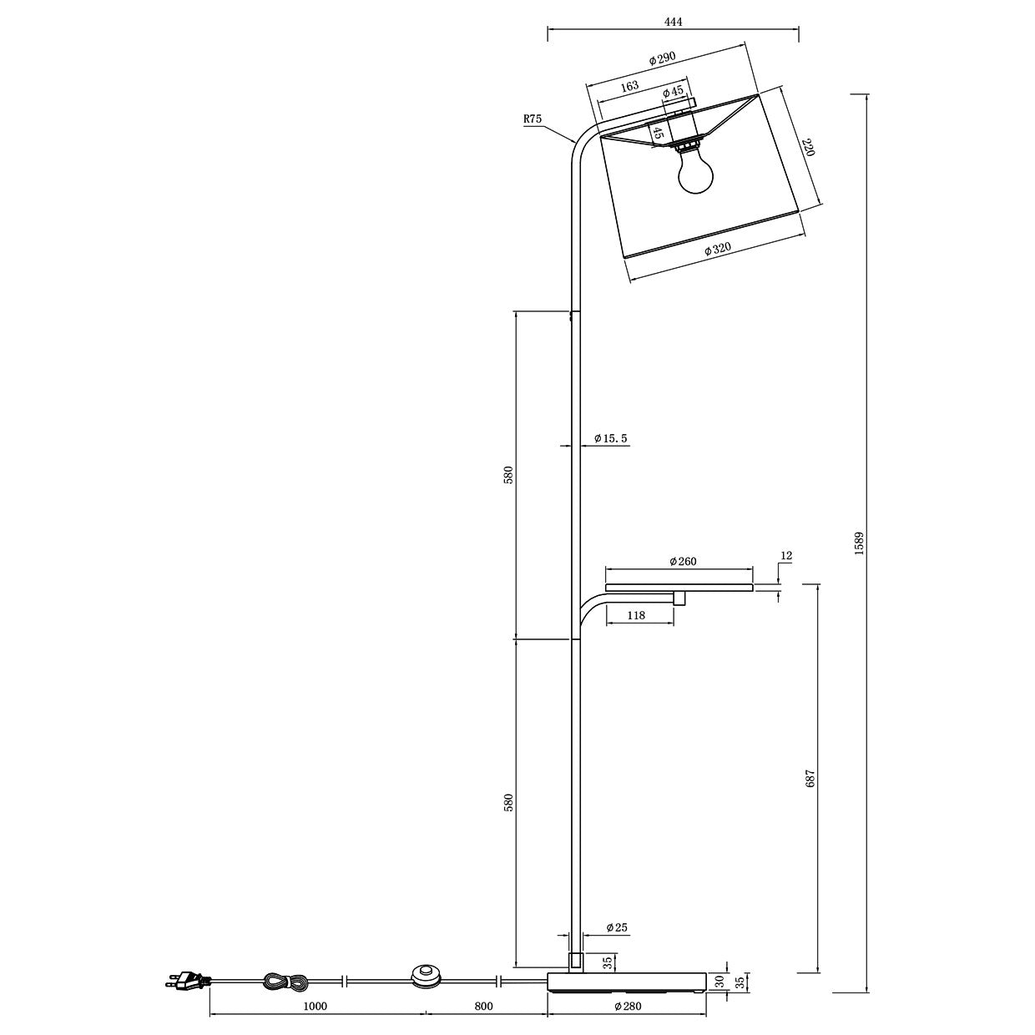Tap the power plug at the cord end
187,982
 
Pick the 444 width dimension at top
673,23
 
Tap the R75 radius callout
533,119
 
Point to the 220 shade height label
807,149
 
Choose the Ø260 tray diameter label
682,562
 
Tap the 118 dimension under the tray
636,615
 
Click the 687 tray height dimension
808,779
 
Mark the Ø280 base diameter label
627,1006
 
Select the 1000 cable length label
315,1006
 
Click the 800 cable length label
483,1006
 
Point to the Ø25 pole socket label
616,927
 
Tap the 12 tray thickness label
786,555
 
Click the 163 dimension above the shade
629,86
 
